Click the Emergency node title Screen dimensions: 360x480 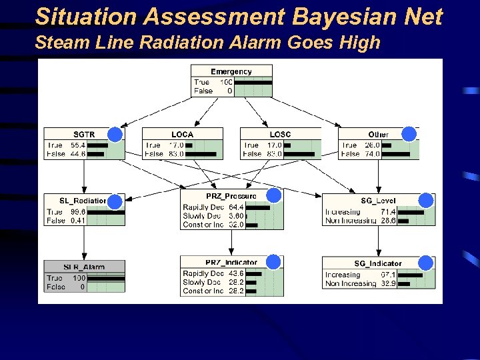(231, 71)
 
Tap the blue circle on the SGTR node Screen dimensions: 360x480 (115, 135)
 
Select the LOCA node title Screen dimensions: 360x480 (182, 135)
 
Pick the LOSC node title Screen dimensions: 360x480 (280, 135)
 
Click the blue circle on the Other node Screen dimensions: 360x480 (409, 134)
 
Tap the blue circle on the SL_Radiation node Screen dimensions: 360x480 (115, 201)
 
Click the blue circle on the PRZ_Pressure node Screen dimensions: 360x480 (274, 195)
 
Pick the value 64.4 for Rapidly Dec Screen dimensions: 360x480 (235, 207)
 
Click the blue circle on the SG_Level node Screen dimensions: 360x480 (426, 201)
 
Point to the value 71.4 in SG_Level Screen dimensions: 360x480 (388, 211)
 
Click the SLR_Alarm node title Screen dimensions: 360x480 (84, 267)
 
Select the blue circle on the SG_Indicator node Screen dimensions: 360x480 (425, 263)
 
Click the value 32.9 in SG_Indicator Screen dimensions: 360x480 (388, 283)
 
